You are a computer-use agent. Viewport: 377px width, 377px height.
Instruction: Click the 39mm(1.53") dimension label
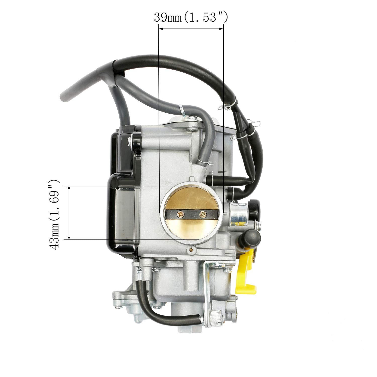(x=191, y=18)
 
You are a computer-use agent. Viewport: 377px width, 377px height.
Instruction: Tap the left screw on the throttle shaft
(x=181, y=214)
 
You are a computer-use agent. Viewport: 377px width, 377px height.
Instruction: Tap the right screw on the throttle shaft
(x=203, y=214)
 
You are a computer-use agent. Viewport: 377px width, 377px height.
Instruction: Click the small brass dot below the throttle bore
(x=192, y=250)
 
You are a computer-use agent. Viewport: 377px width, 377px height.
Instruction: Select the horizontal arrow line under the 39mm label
(x=191, y=29)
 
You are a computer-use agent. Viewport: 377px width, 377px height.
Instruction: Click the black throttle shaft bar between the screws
(x=192, y=214)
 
